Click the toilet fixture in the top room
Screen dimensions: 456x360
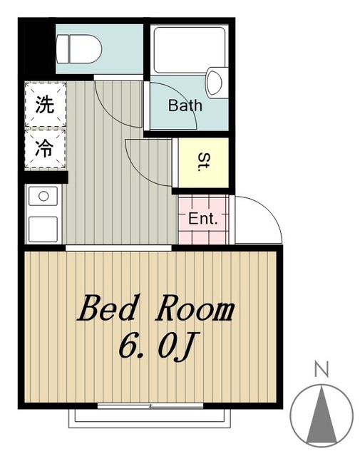point(78,48)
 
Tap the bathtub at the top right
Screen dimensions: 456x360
point(189,50)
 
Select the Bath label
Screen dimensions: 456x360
point(185,106)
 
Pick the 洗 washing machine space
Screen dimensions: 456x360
point(44,105)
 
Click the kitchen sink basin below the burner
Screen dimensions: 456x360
point(43,228)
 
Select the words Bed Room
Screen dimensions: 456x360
point(156,310)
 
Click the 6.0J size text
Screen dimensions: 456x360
point(156,348)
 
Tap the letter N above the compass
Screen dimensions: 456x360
point(322,370)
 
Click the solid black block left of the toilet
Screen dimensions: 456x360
point(40,46)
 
